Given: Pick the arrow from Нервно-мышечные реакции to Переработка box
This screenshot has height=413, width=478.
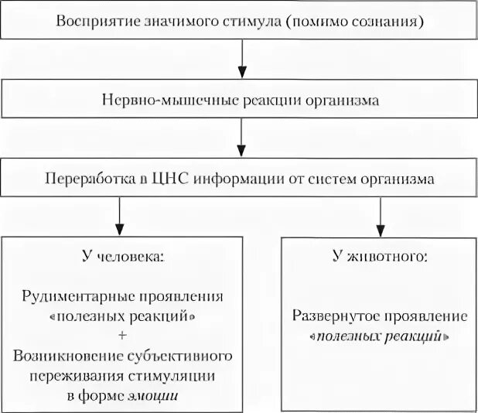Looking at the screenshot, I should pos(242,139).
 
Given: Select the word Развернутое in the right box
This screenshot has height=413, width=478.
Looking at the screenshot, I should pos(333,317).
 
